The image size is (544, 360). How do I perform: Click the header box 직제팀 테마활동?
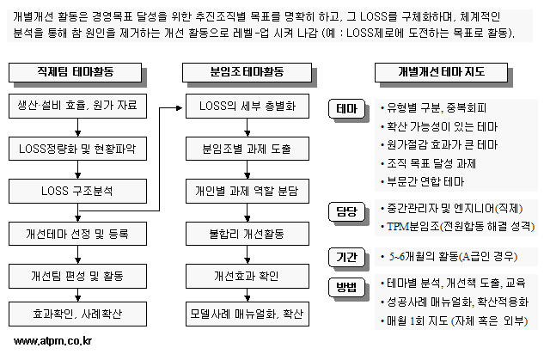coord(76,72)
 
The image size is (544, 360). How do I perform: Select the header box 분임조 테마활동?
coord(247,72)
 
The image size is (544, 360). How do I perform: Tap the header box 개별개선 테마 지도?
coord(442,72)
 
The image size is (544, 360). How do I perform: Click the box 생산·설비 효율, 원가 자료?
coord(77,106)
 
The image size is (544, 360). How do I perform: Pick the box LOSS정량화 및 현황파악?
coord(77,149)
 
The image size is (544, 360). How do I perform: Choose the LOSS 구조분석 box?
coord(77,191)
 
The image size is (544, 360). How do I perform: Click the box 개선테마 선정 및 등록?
coord(77,234)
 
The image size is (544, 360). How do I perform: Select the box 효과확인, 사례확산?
coord(77,314)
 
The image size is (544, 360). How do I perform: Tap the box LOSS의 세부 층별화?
coord(248,106)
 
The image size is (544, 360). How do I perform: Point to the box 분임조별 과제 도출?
coord(248,149)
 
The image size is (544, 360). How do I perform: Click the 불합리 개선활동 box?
coord(248,234)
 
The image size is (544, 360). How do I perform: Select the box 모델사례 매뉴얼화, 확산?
coord(248,314)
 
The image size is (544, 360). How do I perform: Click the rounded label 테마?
coord(346,108)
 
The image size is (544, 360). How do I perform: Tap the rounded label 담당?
coord(346,211)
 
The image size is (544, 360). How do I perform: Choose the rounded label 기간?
coord(346,257)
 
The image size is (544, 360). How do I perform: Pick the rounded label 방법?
coord(346,287)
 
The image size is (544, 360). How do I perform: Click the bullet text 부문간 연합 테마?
coord(425,181)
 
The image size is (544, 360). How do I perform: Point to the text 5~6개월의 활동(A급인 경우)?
coord(453,257)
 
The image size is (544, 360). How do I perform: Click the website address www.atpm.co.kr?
coord(52,341)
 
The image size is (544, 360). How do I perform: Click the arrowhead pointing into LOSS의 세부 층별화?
coord(180,108)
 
